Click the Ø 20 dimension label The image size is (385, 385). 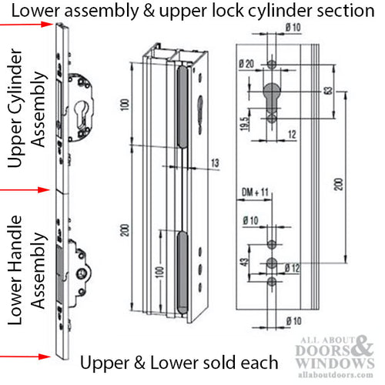[x=246, y=63]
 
